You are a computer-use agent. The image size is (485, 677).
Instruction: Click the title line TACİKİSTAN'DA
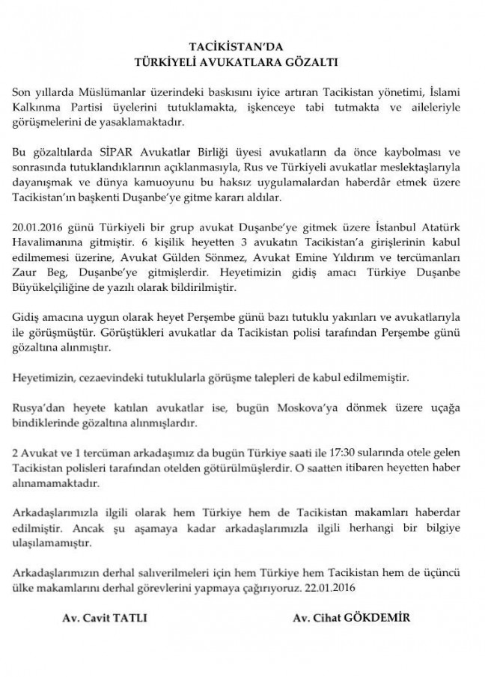coord(242,46)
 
